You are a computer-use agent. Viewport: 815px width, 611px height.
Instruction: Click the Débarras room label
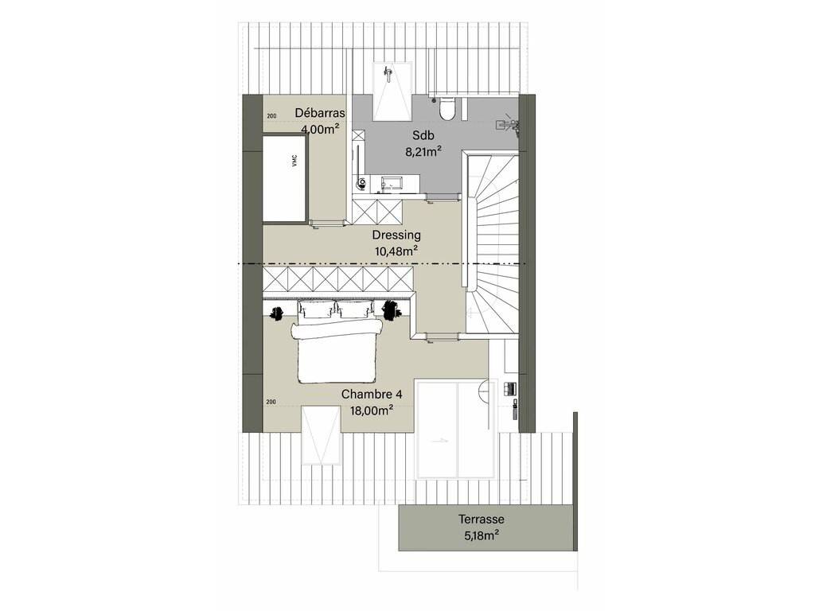pos(320,113)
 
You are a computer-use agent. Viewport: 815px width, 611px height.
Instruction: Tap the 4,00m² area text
pos(320,129)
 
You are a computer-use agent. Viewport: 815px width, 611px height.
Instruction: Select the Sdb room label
pos(423,135)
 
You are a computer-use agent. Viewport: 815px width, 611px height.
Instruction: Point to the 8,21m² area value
pos(423,151)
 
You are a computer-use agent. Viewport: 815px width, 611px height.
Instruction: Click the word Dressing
pos(396,235)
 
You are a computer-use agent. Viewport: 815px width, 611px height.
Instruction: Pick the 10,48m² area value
pos(396,251)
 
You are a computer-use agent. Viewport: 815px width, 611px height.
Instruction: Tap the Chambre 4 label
pos(372,395)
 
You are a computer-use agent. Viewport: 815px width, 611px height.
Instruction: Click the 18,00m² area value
pos(371,411)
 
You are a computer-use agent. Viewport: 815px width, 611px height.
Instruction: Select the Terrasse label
pos(482,519)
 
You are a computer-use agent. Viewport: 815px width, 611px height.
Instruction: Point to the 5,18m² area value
pos(482,535)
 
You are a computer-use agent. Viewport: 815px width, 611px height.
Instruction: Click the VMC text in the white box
pos(294,162)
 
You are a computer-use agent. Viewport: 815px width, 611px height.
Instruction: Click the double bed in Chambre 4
pos(337,342)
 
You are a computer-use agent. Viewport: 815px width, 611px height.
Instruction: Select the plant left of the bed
pos(276,313)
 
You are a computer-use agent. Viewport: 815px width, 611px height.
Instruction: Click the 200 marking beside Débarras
pos(271,116)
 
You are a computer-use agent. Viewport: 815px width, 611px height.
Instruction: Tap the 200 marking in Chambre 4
pos(271,402)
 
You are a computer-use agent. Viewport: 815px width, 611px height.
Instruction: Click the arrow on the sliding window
pos(439,441)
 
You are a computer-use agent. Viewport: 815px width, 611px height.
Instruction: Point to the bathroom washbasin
pos(391,182)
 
